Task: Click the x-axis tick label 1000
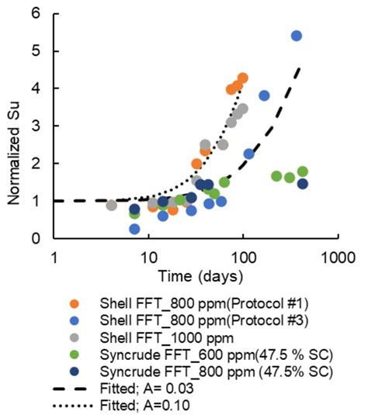coord(335,256)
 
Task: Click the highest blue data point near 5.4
coord(296,36)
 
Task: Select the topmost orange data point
coord(242,78)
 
